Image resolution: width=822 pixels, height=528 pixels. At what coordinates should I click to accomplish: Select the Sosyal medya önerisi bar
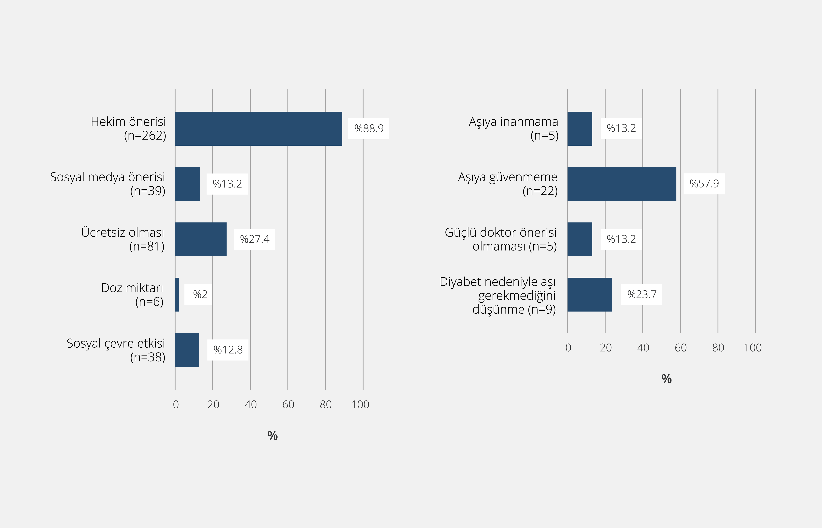pos(187,184)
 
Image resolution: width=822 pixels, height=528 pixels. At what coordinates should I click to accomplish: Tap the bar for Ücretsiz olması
pos(201,239)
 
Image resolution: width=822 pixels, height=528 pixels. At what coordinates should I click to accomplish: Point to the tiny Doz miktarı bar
pos(177,294)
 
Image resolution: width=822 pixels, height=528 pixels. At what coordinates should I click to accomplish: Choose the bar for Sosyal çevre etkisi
pos(187,350)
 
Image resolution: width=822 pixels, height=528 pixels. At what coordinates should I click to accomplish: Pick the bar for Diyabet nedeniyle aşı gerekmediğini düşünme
pos(590,294)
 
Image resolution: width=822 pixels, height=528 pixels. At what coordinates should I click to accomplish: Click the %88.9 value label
pos(369,128)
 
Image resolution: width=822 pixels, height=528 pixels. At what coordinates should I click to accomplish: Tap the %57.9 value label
pos(704,184)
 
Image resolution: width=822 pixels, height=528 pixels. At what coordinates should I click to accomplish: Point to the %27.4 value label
pos(255,239)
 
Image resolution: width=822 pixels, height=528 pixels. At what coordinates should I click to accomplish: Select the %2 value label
pos(200,294)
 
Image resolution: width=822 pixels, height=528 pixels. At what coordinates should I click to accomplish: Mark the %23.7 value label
pos(642,294)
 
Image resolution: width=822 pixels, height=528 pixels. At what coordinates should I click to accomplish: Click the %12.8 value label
pos(228,350)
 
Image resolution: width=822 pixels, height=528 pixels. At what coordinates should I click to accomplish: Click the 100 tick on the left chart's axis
pos(360,405)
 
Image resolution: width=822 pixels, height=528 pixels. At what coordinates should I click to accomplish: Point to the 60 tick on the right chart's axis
pos(681,348)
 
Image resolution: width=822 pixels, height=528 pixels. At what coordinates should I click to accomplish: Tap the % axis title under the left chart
pos(272,435)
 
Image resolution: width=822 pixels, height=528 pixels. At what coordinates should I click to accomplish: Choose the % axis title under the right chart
pos(666,379)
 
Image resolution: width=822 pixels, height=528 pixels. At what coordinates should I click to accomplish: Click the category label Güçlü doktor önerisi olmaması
pos(501,239)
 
